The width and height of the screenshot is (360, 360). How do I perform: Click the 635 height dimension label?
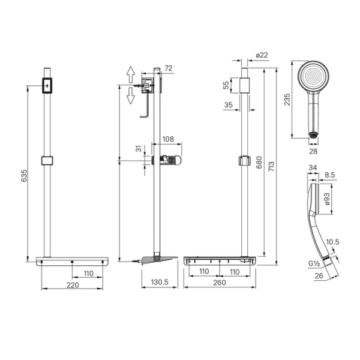pyautogui.click(x=24, y=176)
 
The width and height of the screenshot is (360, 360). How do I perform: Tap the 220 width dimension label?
pyautogui.click(x=73, y=285)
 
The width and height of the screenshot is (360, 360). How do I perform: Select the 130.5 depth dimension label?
pyautogui.click(x=160, y=282)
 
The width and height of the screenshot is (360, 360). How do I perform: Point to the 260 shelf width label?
pyautogui.click(x=219, y=283)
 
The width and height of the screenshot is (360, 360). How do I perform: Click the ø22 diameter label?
pyautogui.click(x=262, y=55)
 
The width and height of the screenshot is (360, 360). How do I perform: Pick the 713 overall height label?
pyautogui.click(x=271, y=166)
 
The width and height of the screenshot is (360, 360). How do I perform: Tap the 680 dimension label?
pyautogui.click(x=259, y=163)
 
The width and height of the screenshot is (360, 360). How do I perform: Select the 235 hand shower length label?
pyautogui.click(x=287, y=100)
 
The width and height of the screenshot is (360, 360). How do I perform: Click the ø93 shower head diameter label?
pyautogui.click(x=327, y=199)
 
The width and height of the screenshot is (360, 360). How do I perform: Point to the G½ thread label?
pyautogui.click(x=314, y=264)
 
